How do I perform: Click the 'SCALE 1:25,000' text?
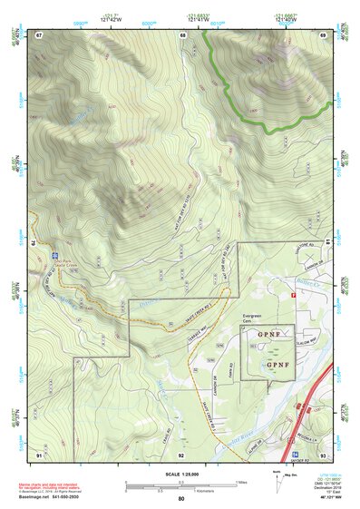click(x=180, y=475)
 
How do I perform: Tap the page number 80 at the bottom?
click(x=180, y=498)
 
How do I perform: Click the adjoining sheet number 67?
click(x=39, y=34)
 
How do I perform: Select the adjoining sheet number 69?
click(x=323, y=34)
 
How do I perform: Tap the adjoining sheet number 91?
click(x=39, y=454)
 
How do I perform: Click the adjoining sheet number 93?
click(x=323, y=454)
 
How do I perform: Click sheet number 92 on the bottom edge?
click(x=181, y=454)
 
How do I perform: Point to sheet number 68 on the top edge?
click(x=183, y=34)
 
